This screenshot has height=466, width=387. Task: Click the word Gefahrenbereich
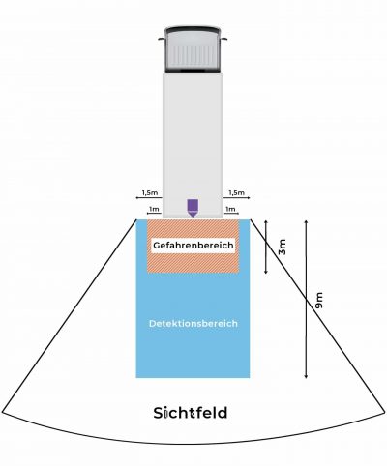tap(193, 246)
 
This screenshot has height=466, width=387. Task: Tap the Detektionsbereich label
tap(193, 323)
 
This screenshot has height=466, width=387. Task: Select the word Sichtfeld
tap(191, 413)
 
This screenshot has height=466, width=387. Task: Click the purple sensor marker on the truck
tap(193, 208)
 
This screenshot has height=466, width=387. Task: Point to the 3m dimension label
tap(283, 247)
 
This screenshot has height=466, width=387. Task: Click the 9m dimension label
tap(318, 301)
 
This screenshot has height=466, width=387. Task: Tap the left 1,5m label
tap(150, 193)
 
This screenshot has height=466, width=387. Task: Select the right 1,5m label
tap(236, 193)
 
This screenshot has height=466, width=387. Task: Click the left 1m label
tap(154, 209)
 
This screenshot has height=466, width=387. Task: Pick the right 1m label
tap(230, 209)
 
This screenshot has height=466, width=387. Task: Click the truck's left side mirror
tap(162, 39)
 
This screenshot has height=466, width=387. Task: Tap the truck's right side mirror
tap(224, 39)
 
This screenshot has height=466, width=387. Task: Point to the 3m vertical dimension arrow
tap(266, 247)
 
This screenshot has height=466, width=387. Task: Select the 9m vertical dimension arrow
tap(306, 299)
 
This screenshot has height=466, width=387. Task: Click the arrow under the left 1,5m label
tap(149, 197)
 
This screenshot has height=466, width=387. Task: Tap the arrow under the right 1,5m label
tap(236, 197)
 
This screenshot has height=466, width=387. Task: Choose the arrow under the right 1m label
tap(230, 214)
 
